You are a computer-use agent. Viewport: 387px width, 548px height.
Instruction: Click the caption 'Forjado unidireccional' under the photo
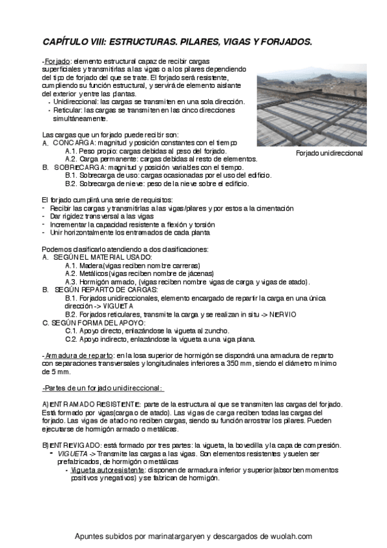329,154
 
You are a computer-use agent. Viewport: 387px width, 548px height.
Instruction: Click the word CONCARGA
74,142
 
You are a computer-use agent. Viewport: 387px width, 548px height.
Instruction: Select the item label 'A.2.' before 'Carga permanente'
72,159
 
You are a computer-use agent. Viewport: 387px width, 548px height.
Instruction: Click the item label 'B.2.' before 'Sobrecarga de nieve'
72,184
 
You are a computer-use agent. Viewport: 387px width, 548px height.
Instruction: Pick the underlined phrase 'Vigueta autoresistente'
110,470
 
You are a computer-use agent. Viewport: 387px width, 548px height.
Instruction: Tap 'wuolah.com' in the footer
290,536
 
